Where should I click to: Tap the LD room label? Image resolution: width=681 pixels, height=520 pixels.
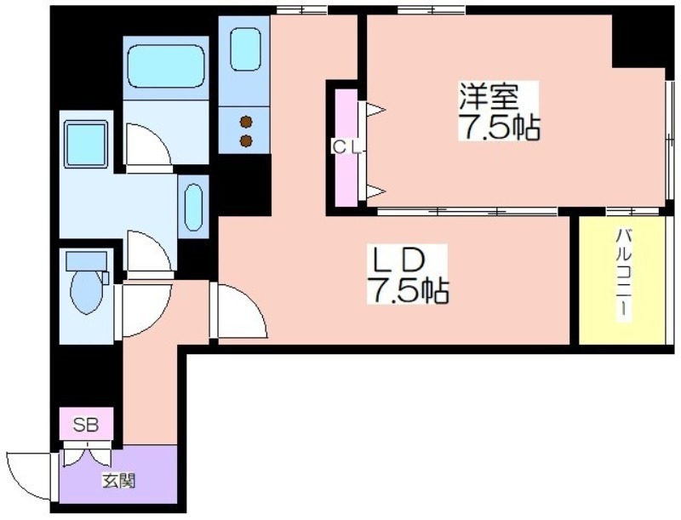395,261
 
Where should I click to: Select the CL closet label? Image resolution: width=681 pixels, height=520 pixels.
346,148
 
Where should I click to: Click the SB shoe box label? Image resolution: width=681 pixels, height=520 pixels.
86,425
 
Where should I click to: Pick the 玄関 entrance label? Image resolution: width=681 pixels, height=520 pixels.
118,481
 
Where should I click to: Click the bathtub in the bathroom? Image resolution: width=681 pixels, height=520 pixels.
166,68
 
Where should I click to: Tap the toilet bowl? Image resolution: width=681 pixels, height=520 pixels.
87,291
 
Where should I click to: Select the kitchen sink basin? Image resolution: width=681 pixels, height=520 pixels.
245,49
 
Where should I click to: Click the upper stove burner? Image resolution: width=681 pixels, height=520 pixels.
246,123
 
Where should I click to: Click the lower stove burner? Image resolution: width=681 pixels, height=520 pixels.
246,140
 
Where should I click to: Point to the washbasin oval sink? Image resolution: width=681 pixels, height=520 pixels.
193,208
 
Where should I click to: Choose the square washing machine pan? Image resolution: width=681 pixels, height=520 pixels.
86,144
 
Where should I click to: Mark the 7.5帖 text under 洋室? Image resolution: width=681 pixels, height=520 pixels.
500,127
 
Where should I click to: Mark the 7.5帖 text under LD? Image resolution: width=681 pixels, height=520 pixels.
409,290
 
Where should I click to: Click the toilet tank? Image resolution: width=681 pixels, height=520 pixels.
86,261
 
